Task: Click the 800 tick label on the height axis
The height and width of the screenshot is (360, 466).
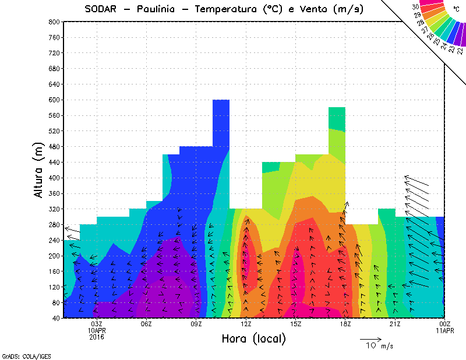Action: (x=53, y=22)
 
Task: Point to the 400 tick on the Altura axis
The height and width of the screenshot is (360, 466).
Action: (x=53, y=178)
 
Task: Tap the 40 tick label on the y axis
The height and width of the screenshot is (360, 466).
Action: (x=55, y=318)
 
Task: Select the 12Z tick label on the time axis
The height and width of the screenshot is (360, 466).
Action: (x=246, y=324)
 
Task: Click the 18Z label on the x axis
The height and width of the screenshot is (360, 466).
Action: (x=345, y=324)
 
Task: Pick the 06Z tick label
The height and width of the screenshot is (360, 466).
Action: (x=147, y=324)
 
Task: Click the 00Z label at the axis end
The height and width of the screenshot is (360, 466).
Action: (x=444, y=324)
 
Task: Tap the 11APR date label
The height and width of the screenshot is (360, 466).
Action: (x=444, y=330)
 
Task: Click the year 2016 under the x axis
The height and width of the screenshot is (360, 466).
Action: (x=97, y=337)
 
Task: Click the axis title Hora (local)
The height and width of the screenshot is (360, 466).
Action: (x=253, y=338)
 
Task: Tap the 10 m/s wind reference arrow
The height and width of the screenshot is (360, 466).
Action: (x=370, y=338)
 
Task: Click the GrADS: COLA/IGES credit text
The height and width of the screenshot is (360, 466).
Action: (x=20, y=355)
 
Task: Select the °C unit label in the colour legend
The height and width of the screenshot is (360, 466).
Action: (x=456, y=9)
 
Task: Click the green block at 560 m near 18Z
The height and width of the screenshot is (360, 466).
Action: (x=337, y=118)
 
